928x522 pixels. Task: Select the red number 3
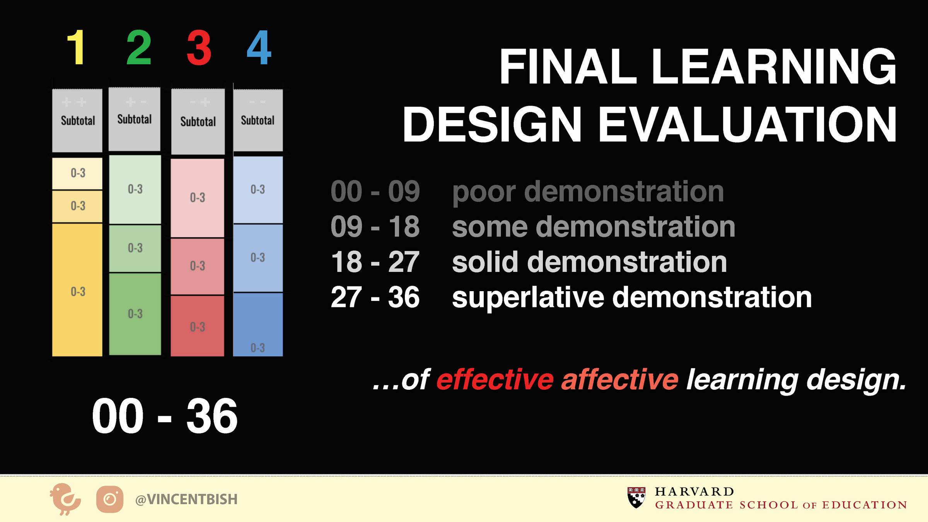[x=199, y=48]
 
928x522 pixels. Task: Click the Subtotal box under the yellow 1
[x=77, y=121]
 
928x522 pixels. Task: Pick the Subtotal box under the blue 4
[x=258, y=120]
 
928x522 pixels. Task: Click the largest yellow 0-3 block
[x=77, y=290]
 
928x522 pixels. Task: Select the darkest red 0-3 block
[x=198, y=326]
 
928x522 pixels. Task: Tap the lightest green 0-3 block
[x=135, y=189]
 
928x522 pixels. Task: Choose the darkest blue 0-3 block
[x=258, y=325]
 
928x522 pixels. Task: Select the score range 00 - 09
[x=375, y=191]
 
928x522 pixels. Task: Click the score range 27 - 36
[x=375, y=297]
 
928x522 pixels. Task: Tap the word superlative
[x=528, y=298]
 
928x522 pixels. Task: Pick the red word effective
[x=495, y=380]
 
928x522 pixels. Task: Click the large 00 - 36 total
[x=165, y=416]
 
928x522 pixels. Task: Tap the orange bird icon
[x=65, y=499]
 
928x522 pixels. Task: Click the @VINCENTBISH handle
[x=186, y=499]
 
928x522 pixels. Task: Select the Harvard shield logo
[x=636, y=498]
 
